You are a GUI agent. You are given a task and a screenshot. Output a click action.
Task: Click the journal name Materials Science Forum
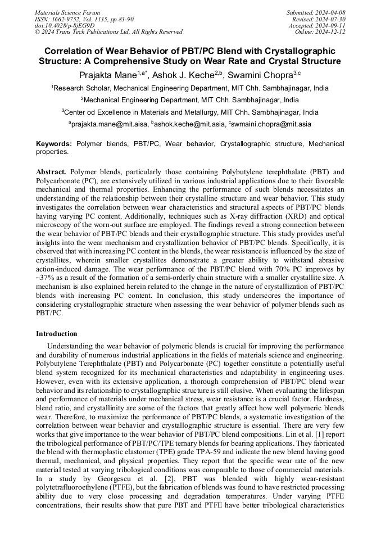[67, 12]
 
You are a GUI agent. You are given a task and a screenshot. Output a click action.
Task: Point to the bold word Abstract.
[51, 171]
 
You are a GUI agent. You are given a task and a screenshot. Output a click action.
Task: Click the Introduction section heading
[57, 334]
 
